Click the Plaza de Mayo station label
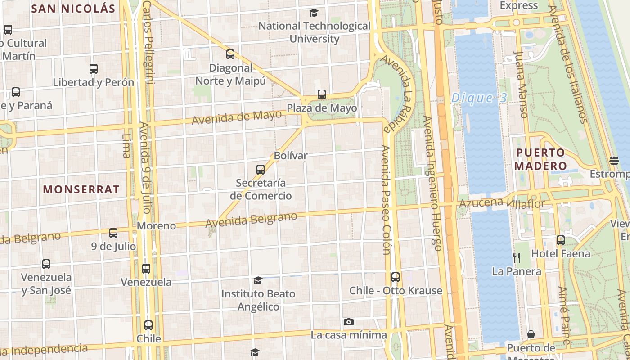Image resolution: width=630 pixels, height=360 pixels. pos(322,108)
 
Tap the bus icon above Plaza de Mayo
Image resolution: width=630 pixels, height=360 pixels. pos(321,94)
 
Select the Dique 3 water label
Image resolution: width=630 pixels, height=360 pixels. pos(479,98)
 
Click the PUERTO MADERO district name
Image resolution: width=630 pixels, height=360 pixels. pos(540,159)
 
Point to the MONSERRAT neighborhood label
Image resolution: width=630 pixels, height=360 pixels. pos(81,189)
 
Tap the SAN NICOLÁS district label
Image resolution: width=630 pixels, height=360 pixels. pos(73,8)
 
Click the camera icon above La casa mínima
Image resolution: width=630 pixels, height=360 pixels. pos(348,322)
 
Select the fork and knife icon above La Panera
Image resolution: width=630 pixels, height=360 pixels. pos(517,257)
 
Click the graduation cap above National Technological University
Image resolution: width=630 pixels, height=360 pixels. pos(314,13)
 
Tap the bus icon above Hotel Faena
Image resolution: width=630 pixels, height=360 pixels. pos(560,240)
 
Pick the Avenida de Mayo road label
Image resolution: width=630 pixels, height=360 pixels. pos(237,117)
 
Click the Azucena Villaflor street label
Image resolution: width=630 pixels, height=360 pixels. pos(502,203)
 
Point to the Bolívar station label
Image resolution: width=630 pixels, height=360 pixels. pos(291,156)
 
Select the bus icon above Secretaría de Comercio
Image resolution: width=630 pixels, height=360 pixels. pos(261,170)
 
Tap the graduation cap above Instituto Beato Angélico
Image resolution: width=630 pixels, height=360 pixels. pos(258,281)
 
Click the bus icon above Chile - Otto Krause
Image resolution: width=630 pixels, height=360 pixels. pos(396,277)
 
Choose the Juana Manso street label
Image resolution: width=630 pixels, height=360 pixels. pos(521,84)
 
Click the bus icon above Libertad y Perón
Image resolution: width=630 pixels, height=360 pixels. pos(94,69)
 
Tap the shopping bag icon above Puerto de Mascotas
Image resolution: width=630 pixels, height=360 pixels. pos(531,334)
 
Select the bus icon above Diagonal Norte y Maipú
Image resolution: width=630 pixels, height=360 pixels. pos(230,54)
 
